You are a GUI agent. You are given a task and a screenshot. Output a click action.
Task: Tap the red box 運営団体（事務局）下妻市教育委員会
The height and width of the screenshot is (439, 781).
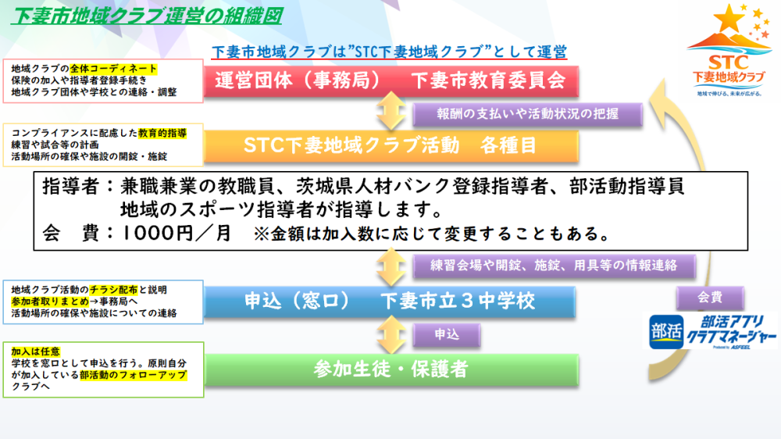(390, 81)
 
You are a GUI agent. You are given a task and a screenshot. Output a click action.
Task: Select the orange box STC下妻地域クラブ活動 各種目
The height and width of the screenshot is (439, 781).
(390, 145)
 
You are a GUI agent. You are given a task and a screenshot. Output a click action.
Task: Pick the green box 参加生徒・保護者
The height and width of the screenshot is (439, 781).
(390, 368)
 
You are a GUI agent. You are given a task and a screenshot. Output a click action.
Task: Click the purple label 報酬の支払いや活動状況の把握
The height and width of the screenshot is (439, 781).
(528, 114)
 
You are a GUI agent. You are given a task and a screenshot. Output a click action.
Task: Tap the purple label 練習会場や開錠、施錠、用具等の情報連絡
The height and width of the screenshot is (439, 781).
(553, 266)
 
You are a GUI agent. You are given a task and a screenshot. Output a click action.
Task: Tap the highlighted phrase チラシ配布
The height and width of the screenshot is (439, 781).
(118, 290)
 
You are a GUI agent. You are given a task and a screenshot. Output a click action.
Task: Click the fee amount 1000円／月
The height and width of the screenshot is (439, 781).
(177, 233)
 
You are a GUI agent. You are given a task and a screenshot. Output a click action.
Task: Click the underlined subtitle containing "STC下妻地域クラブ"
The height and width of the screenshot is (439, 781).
(388, 52)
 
